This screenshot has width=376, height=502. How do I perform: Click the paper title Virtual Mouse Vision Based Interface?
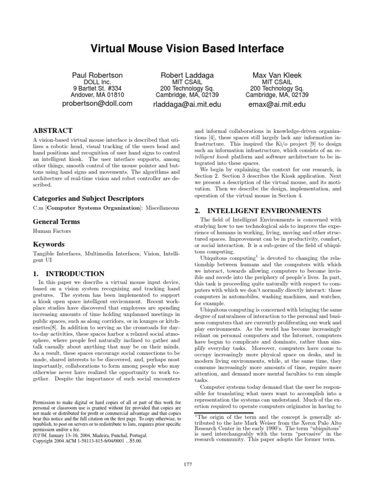coord(188,49)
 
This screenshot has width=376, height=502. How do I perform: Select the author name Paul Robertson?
coord(97,75)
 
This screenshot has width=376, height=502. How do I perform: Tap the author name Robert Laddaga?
coord(188,75)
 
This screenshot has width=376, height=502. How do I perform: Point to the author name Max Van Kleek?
coord(277,75)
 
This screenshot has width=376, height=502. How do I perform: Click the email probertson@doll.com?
coord(97,103)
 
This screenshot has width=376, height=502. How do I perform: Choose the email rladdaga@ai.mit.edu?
coord(188,104)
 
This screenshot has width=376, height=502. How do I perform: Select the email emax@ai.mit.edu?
coord(277,104)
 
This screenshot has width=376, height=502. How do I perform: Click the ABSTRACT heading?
coord(52,131)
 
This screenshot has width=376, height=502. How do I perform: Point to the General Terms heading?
coord(56,222)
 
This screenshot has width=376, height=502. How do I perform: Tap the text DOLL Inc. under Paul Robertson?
coord(97,82)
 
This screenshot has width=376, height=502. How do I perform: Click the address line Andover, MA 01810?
coord(97,95)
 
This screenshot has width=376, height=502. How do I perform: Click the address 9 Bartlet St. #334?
coord(97,88)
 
